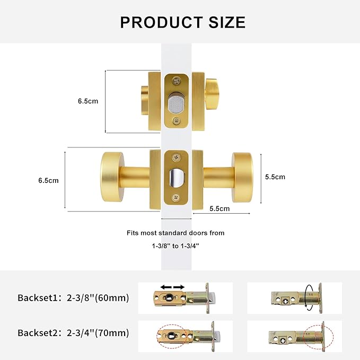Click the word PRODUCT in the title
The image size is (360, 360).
pyautogui.click(x=161, y=22)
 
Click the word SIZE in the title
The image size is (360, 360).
pyautogui.click(x=227, y=22)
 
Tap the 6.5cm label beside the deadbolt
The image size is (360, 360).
pyautogui.click(x=88, y=101)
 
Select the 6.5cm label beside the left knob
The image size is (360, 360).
pyautogui.click(x=48, y=180)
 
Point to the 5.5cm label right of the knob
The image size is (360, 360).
pyautogui.click(x=275, y=177)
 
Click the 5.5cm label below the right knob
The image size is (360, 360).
pyautogui.click(x=219, y=208)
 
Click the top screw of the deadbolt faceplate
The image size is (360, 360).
pyautogui.click(x=177, y=81)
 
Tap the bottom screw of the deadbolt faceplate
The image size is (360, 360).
pyautogui.click(x=177, y=120)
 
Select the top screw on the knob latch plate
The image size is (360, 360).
pyautogui.click(x=177, y=157)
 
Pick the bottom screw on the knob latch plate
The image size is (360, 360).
pyautogui.click(x=176, y=197)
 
